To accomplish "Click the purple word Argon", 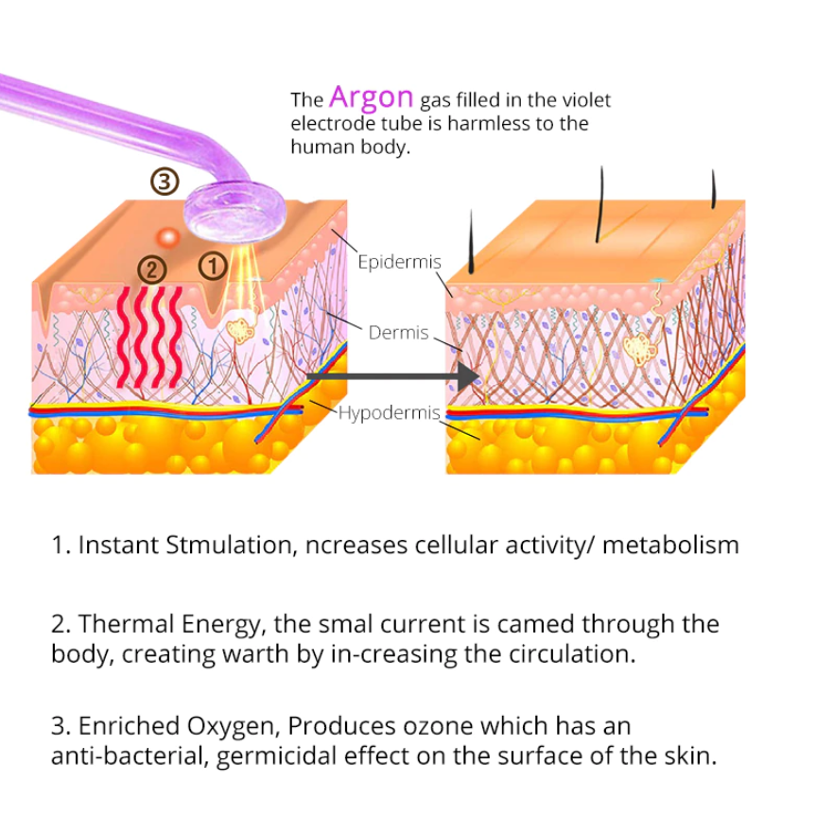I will [x=372, y=96].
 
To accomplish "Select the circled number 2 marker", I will [x=150, y=269].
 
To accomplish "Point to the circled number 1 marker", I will [x=214, y=268].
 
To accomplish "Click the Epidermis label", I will [x=399, y=262].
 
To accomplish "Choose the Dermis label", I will [x=398, y=333].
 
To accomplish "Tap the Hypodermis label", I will [x=389, y=412].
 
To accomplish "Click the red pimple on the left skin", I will [x=168, y=235].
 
